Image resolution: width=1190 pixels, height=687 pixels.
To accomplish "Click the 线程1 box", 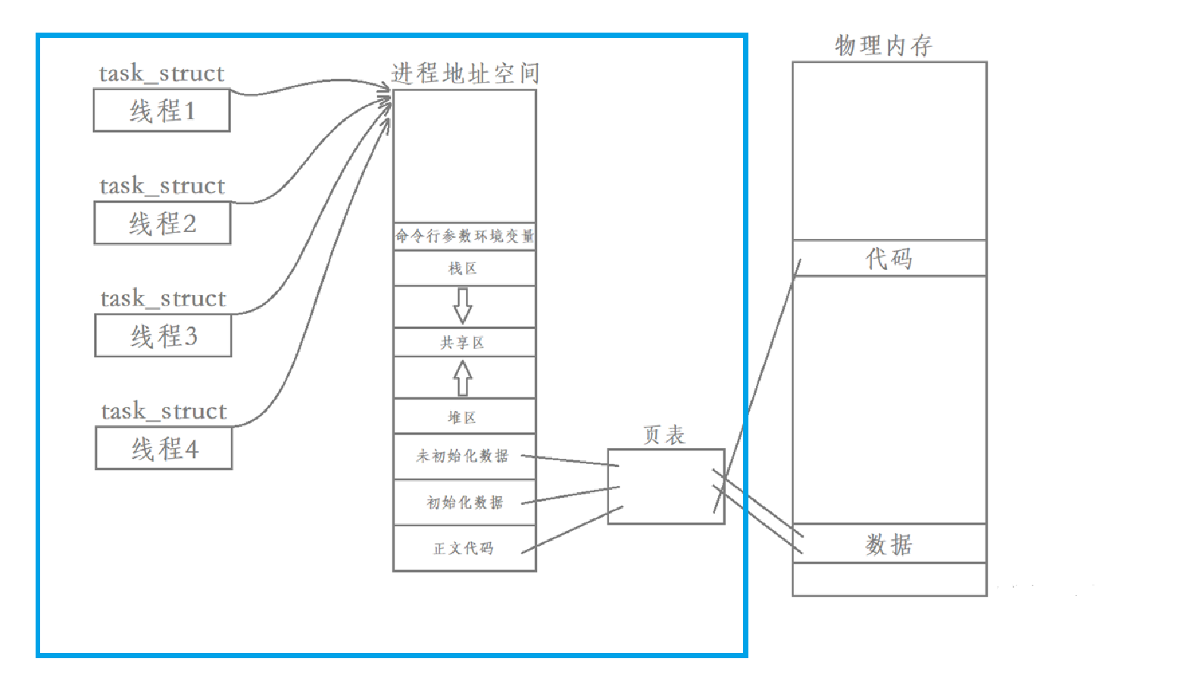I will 162,111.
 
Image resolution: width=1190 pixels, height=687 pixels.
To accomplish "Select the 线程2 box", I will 162,223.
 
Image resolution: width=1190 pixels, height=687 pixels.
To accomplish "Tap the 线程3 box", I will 163,335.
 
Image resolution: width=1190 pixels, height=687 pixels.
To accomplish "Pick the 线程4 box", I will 164,448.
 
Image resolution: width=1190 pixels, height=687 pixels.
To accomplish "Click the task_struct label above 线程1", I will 161,74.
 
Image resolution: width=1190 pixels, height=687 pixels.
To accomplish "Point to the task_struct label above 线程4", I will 164,411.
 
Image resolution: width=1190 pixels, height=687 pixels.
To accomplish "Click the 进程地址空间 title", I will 464,74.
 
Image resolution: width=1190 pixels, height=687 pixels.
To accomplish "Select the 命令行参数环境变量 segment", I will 464,236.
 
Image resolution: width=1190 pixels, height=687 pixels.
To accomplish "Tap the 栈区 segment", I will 464,268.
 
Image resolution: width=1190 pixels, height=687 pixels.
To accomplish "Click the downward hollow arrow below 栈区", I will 463,306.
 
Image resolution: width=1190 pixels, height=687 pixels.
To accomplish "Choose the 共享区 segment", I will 464,343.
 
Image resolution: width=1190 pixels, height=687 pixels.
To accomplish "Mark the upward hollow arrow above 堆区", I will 463,378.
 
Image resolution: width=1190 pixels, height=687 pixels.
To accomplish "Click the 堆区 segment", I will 464,417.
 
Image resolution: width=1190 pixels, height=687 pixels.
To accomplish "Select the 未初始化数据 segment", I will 464,456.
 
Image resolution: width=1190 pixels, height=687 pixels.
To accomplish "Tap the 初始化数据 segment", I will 464,503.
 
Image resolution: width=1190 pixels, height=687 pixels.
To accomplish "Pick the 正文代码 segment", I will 464,548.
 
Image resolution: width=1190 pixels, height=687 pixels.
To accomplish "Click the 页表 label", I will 664,435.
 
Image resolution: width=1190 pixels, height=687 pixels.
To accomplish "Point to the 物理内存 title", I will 883,45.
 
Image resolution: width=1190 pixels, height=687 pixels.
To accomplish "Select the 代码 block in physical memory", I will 889,259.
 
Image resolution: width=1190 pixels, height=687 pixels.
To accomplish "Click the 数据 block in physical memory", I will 889,544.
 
